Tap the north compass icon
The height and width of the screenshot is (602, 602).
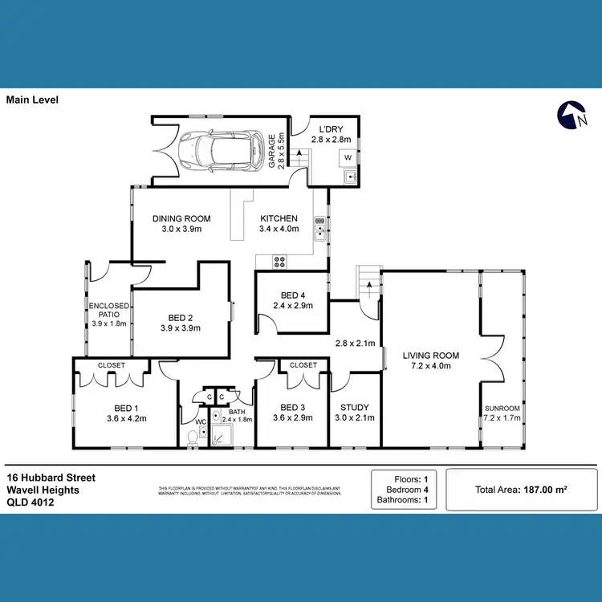tap(568, 116)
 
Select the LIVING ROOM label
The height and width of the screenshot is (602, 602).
tap(431, 356)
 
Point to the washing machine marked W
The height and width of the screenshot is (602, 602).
tap(348, 157)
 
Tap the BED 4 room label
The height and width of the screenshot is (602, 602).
tap(287, 295)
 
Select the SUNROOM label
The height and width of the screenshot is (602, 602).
tap(502, 408)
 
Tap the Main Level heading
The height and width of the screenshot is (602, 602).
tap(32, 100)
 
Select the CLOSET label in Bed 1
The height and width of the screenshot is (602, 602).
tap(112, 365)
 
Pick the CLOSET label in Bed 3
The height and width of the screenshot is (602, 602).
tap(303, 365)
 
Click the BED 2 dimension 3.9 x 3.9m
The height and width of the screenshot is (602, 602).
tap(180, 327)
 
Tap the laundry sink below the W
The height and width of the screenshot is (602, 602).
tap(350, 177)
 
